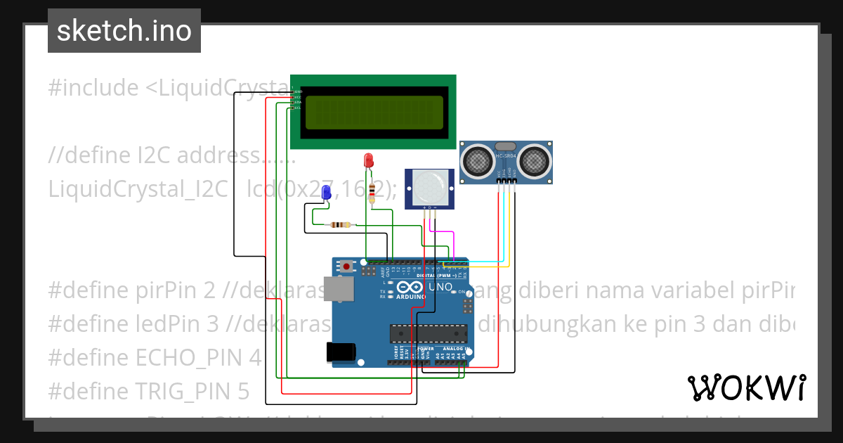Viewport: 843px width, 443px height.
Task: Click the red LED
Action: (367, 160)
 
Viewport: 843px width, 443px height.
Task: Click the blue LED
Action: (326, 193)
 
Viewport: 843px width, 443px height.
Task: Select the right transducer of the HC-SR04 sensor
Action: (535, 161)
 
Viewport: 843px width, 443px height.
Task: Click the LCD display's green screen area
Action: (374, 112)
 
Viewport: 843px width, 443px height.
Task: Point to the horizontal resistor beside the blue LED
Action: (341, 225)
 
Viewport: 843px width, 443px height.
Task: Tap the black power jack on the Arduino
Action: (339, 352)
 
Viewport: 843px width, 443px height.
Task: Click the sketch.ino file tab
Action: (124, 31)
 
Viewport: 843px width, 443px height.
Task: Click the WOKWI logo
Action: (746, 387)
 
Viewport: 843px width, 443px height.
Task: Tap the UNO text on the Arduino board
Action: (440, 288)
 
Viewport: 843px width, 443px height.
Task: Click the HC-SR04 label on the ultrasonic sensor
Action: (506, 156)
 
